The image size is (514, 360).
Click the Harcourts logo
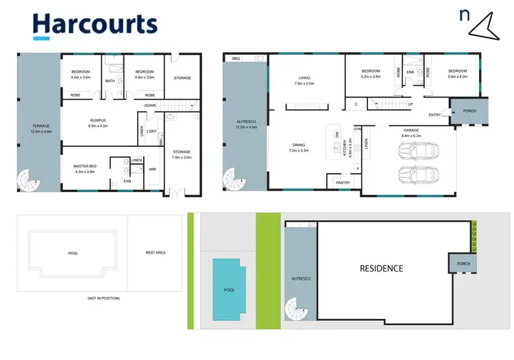tap(95, 24)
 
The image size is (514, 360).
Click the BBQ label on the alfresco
tap(236, 60)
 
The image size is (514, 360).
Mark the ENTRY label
tap(435, 115)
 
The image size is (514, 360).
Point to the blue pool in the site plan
tap(229, 289)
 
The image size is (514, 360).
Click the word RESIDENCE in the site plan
tap(382, 268)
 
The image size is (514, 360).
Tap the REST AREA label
tap(156, 252)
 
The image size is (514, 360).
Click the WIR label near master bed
tap(152, 169)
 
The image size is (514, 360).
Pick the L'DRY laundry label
tap(152, 131)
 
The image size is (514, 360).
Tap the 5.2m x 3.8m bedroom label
tap(371, 73)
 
